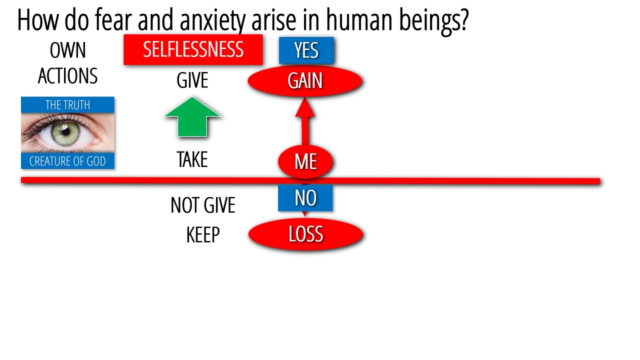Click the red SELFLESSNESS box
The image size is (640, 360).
point(193,49)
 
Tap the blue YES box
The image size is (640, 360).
point(306,50)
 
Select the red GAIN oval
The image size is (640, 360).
point(305,81)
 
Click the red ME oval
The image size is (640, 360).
point(305,161)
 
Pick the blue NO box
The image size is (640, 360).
point(305,198)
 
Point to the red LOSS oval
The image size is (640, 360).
point(305,234)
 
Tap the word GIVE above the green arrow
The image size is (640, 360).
point(192,80)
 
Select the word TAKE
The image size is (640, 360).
point(192,160)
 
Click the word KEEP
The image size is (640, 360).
point(202,235)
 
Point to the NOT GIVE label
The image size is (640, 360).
point(202,205)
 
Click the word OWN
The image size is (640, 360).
point(68,50)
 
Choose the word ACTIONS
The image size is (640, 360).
point(68,76)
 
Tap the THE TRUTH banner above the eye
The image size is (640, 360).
point(67,105)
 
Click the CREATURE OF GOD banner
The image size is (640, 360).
point(67,161)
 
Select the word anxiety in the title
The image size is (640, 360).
point(216,21)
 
